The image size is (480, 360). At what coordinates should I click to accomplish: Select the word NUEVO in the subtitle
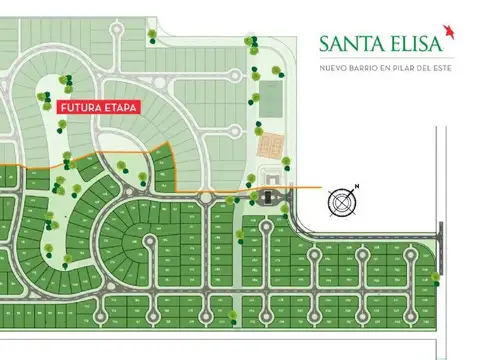tap(332, 68)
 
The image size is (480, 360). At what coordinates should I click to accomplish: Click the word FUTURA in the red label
tap(80, 106)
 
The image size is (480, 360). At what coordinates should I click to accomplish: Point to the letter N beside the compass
tap(357, 187)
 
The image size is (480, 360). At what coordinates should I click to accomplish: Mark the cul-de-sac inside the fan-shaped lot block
tap(150, 238)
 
